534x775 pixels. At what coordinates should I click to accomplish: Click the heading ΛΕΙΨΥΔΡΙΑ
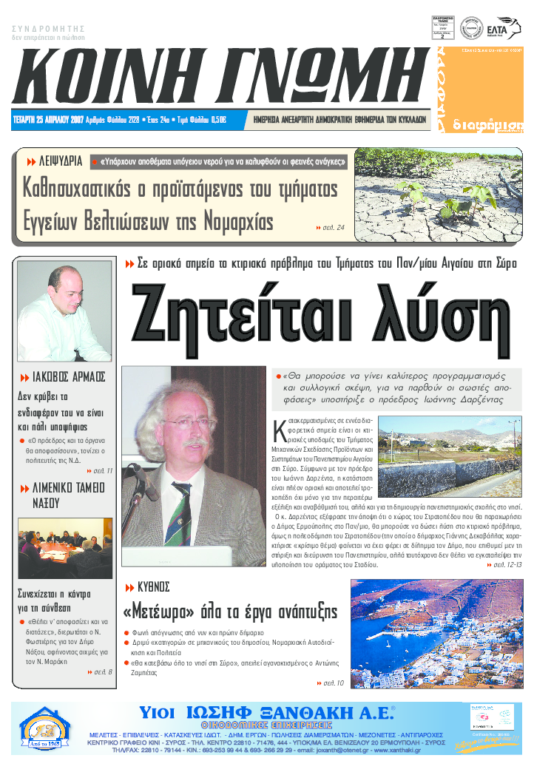point(55,161)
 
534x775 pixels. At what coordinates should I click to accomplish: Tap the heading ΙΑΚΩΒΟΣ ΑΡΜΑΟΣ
point(65,376)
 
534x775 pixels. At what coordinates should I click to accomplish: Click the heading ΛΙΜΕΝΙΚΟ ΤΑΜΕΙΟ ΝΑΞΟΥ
point(64,495)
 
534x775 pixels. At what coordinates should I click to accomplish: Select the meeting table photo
point(64,548)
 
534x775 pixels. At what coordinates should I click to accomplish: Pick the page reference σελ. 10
point(329,683)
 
